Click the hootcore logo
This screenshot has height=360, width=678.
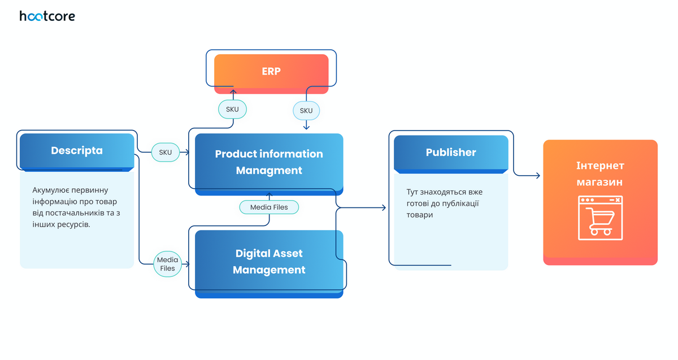pyautogui.click(x=47, y=16)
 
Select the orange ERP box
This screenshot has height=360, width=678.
pyautogui.click(x=271, y=72)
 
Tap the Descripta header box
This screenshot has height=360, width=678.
pyautogui.click(x=77, y=151)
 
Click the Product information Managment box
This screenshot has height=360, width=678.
pyautogui.click(x=269, y=162)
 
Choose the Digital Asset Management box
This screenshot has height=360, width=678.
pyautogui.click(x=269, y=262)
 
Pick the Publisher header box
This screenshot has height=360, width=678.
pyautogui.click(x=451, y=152)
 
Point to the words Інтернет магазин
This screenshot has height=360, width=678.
pyautogui.click(x=600, y=174)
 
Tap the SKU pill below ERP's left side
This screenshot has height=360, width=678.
pyautogui.click(x=233, y=109)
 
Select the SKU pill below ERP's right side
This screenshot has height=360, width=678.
pyautogui.click(x=306, y=110)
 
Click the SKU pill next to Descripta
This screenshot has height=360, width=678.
pyautogui.click(x=166, y=152)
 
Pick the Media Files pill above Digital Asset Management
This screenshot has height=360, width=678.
pyautogui.click(x=269, y=207)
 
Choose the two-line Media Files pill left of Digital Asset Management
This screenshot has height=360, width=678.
pyautogui.click(x=168, y=264)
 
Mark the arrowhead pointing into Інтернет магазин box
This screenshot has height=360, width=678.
pyautogui.click(x=537, y=176)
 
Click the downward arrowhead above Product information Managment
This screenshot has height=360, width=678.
pyautogui.click(x=306, y=128)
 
